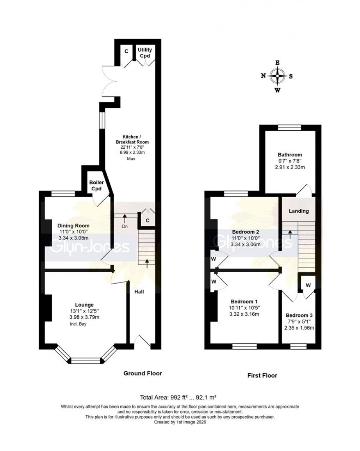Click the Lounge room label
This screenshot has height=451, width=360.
(x=84, y=305)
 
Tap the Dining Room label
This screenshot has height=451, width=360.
(x=74, y=226)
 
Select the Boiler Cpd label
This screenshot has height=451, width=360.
(x=96, y=185)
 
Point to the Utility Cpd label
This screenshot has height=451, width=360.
(x=145, y=53)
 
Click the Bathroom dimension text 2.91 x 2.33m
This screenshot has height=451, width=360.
(x=290, y=167)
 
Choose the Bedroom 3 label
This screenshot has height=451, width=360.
(x=299, y=315)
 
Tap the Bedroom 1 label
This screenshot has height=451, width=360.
(x=244, y=302)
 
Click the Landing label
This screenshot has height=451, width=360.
(x=299, y=211)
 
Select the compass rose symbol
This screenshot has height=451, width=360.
(x=278, y=76)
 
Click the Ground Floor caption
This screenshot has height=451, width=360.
(x=142, y=373)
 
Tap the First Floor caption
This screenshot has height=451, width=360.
(x=262, y=375)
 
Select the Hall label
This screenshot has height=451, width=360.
(x=139, y=292)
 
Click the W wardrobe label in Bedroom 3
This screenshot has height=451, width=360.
(x=308, y=285)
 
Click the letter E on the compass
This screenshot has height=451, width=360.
(x=278, y=63)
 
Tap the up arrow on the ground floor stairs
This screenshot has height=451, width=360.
(x=147, y=262)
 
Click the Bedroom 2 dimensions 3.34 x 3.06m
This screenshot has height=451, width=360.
(x=245, y=244)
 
